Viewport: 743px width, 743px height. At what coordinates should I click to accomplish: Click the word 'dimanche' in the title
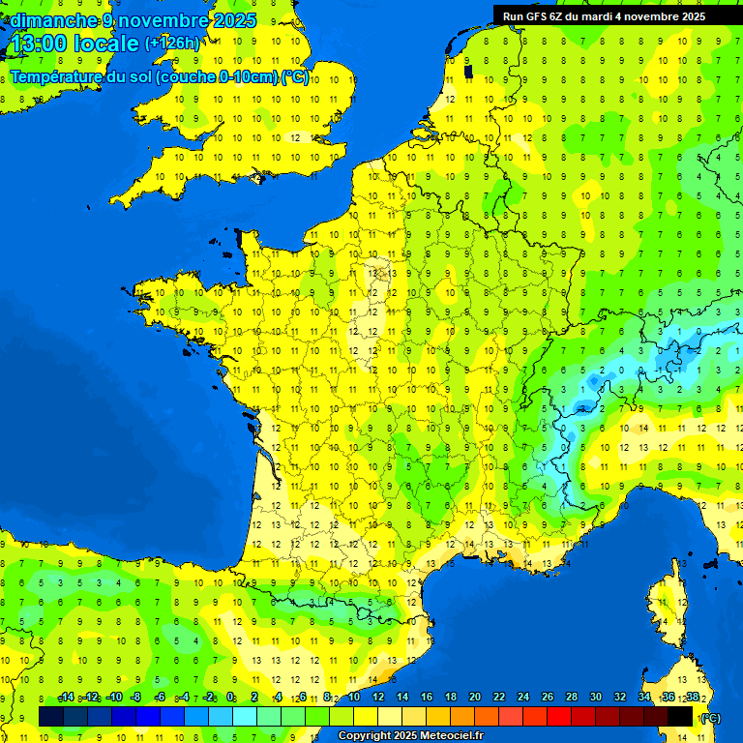click(54, 20)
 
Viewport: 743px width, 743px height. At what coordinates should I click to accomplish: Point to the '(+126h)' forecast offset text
click(172, 44)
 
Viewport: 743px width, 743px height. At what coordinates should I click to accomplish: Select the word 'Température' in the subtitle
click(56, 77)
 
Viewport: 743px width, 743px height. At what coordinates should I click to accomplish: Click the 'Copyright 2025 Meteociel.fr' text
click(410, 736)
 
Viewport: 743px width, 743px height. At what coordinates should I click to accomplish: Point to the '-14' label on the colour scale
click(66, 698)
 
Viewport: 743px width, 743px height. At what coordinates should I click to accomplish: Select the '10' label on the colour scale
click(353, 698)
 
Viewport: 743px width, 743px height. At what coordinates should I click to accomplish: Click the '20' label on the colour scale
click(474, 698)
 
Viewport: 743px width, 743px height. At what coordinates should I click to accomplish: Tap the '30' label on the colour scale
click(595, 698)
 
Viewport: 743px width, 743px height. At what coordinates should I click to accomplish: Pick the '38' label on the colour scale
click(692, 698)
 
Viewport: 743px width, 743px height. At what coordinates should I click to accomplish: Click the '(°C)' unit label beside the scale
click(710, 718)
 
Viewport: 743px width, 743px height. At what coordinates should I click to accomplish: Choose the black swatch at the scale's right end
click(680, 716)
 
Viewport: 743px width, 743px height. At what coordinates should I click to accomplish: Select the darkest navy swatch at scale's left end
click(51, 716)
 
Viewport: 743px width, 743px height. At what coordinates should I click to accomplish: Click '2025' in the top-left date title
click(233, 20)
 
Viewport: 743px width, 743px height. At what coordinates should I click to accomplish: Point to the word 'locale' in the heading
click(107, 44)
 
